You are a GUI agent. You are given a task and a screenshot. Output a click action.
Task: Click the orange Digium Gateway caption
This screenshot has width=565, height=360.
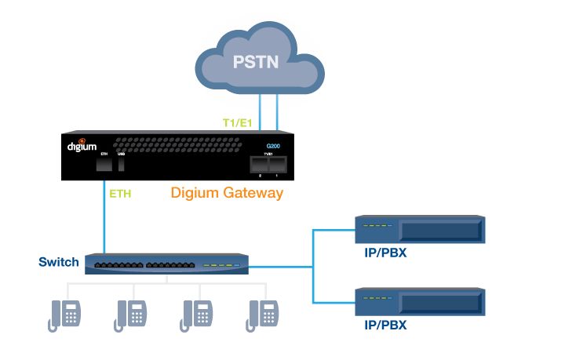click(227, 192)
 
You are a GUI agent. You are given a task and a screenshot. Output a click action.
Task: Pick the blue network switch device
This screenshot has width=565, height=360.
click(167, 266)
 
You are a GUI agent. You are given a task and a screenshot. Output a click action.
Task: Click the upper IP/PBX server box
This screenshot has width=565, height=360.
click(419, 230)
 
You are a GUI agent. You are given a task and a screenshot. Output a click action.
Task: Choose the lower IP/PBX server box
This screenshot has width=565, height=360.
click(419, 303)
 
